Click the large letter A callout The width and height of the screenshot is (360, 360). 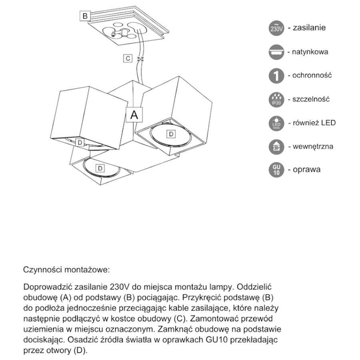pyautogui.click(x=134, y=113)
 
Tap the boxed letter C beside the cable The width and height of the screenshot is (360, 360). pyautogui.click(x=127, y=58)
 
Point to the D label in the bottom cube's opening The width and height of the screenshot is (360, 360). pyautogui.click(x=100, y=168)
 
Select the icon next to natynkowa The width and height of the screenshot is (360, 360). pyautogui.click(x=276, y=52)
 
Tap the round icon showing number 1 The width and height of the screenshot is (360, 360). pyautogui.click(x=276, y=76)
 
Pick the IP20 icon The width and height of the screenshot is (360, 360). pyautogui.click(x=276, y=99)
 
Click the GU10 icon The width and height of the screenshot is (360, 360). pyautogui.click(x=276, y=169)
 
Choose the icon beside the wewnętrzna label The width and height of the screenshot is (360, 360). pyautogui.click(x=276, y=146)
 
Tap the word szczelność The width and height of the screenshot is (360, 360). pyautogui.click(x=313, y=99)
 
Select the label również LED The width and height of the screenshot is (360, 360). pyautogui.click(x=314, y=122)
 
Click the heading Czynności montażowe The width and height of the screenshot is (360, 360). pyautogui.click(x=67, y=270)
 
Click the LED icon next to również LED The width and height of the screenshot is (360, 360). pyautogui.click(x=276, y=122)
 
